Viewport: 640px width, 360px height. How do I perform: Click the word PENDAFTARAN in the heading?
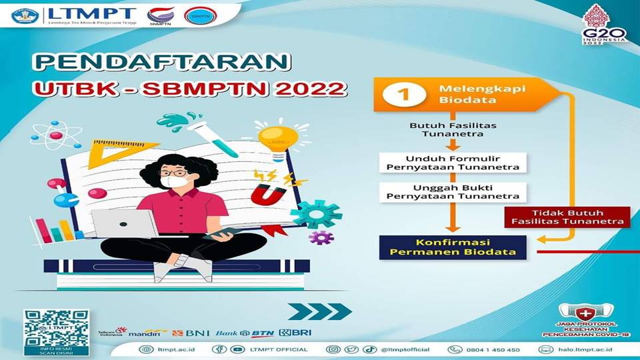coord(163,63)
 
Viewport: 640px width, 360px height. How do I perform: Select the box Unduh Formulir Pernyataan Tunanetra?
coord(449,161)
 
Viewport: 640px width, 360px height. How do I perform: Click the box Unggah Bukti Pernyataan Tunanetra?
coord(449,192)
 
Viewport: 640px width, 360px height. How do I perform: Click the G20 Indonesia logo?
coord(604,27)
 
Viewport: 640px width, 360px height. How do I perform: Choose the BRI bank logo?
coord(295,332)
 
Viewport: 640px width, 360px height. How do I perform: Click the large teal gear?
coord(316,214)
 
